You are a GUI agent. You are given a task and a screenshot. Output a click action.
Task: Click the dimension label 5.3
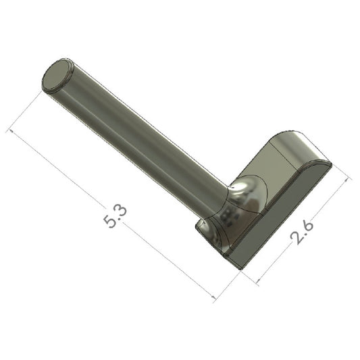click(115, 217)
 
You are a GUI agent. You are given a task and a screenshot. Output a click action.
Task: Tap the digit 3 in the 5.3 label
click(121, 211)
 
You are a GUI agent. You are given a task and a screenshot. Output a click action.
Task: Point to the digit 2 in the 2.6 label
click(297, 238)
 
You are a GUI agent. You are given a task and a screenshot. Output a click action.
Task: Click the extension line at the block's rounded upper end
click(341, 172)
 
